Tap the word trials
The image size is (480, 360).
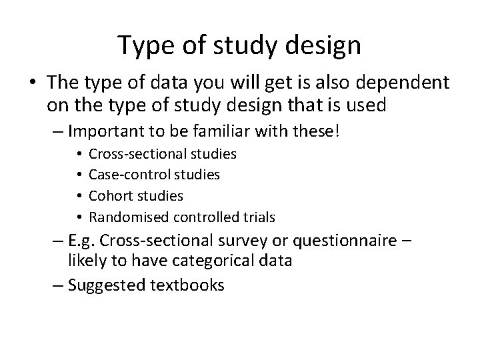[259, 217]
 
